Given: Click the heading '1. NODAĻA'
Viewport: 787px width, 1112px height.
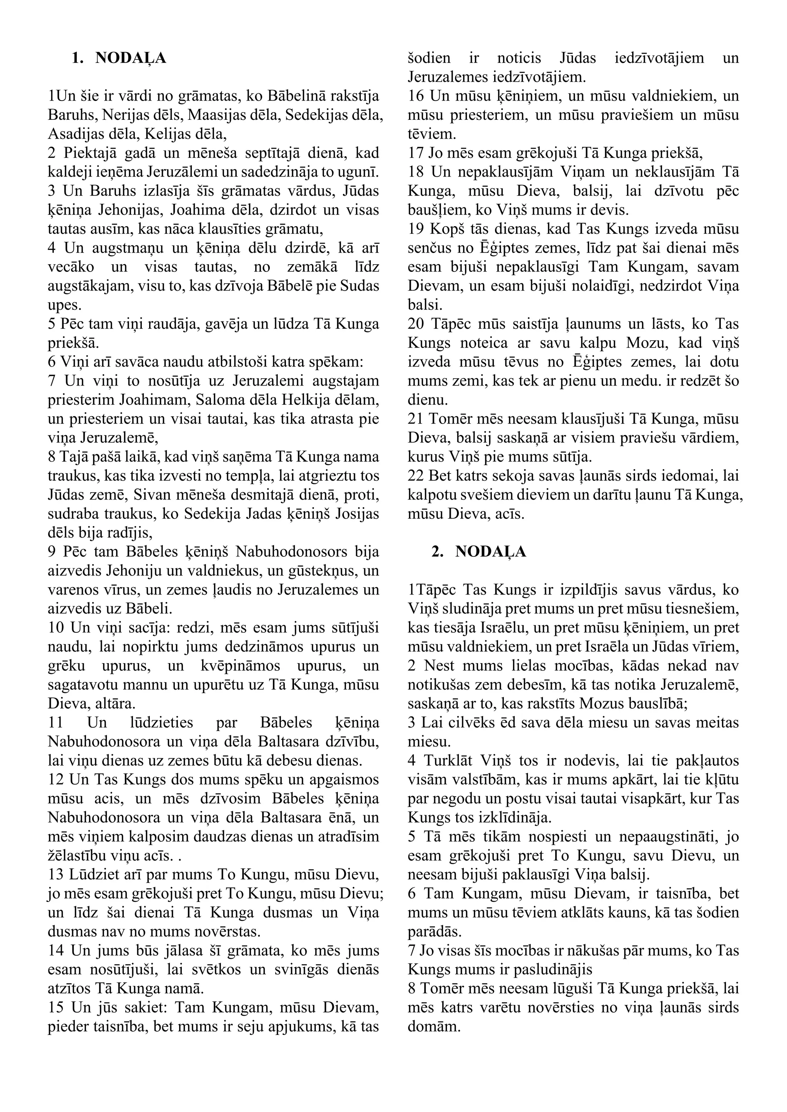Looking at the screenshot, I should click(x=119, y=58).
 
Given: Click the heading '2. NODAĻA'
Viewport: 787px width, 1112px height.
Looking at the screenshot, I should click(x=478, y=552).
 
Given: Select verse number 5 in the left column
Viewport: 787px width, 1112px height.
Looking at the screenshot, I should click(x=52, y=324).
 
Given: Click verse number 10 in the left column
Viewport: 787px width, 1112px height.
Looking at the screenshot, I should click(x=56, y=628).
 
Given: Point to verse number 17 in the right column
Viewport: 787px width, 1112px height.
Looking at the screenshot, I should click(x=416, y=154).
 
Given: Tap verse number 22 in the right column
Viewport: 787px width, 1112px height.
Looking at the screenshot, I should click(x=416, y=476).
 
